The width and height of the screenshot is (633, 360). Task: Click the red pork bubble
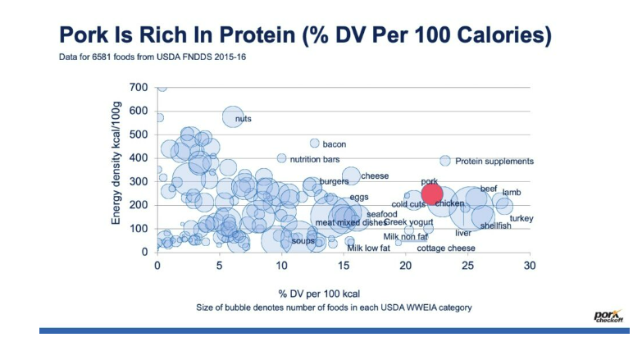pyautogui.click(x=432, y=195)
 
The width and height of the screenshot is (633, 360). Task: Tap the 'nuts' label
pyautogui.click(x=243, y=119)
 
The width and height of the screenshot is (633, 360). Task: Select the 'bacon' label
pyautogui.click(x=334, y=144)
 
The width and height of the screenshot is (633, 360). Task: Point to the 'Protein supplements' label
pyautogui.click(x=494, y=162)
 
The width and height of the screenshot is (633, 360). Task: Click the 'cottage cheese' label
pyautogui.click(x=445, y=248)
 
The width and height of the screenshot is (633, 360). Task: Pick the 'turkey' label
pyautogui.click(x=521, y=219)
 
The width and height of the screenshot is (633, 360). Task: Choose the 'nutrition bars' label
pyautogui.click(x=315, y=159)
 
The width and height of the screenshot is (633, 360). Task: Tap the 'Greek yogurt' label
pyautogui.click(x=408, y=222)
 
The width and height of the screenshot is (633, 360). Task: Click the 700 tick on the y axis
pyautogui.click(x=139, y=87)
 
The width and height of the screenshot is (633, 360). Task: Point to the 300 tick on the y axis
pyautogui.click(x=139, y=181)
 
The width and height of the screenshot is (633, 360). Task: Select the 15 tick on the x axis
pyautogui.click(x=344, y=266)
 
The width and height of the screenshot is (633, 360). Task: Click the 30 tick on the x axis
pyautogui.click(x=530, y=266)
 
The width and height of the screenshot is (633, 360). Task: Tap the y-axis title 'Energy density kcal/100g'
pyautogui.click(x=116, y=169)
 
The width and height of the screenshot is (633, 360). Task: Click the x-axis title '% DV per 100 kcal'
pyautogui.click(x=316, y=293)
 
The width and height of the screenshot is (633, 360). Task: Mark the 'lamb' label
pyautogui.click(x=512, y=192)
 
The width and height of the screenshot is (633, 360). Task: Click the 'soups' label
pyautogui.click(x=303, y=241)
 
